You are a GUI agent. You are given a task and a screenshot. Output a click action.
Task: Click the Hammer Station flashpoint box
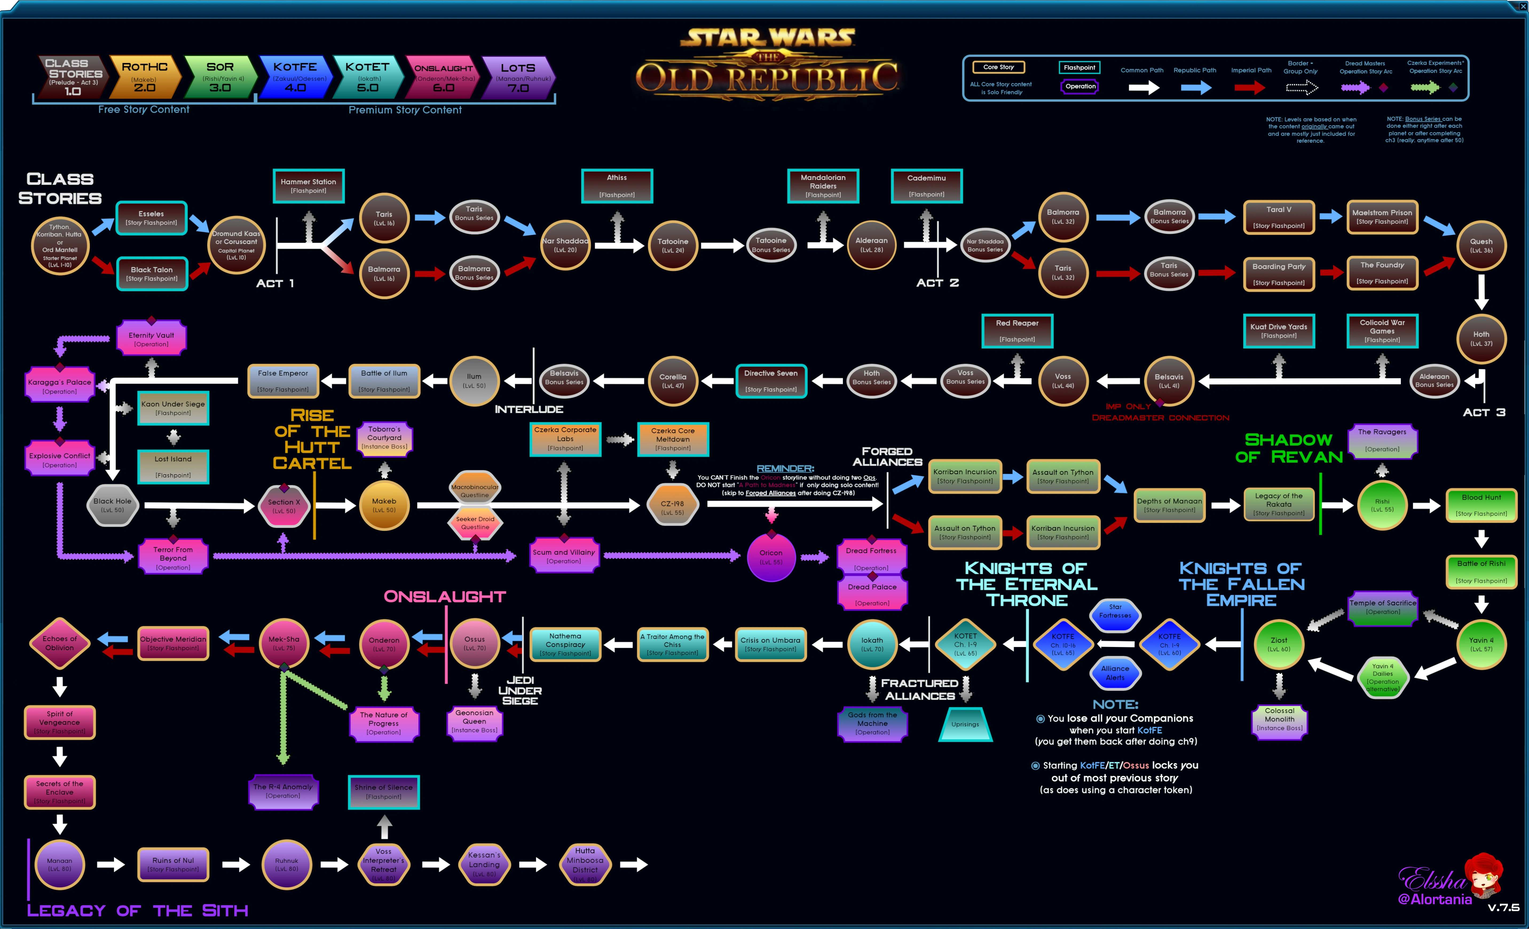[308, 186]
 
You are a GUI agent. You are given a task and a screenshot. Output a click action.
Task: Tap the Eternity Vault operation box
[151, 339]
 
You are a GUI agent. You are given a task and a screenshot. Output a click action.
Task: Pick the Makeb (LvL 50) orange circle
[384, 505]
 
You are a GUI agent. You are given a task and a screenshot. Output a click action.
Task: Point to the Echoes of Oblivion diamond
[60, 643]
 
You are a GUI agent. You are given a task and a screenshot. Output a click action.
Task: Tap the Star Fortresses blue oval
[1115, 611]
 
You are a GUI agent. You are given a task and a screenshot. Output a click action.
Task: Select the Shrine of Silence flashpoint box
[384, 792]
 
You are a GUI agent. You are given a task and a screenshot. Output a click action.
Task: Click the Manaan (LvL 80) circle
[60, 864]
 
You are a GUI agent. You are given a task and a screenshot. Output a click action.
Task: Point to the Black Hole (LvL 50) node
[112, 505]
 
